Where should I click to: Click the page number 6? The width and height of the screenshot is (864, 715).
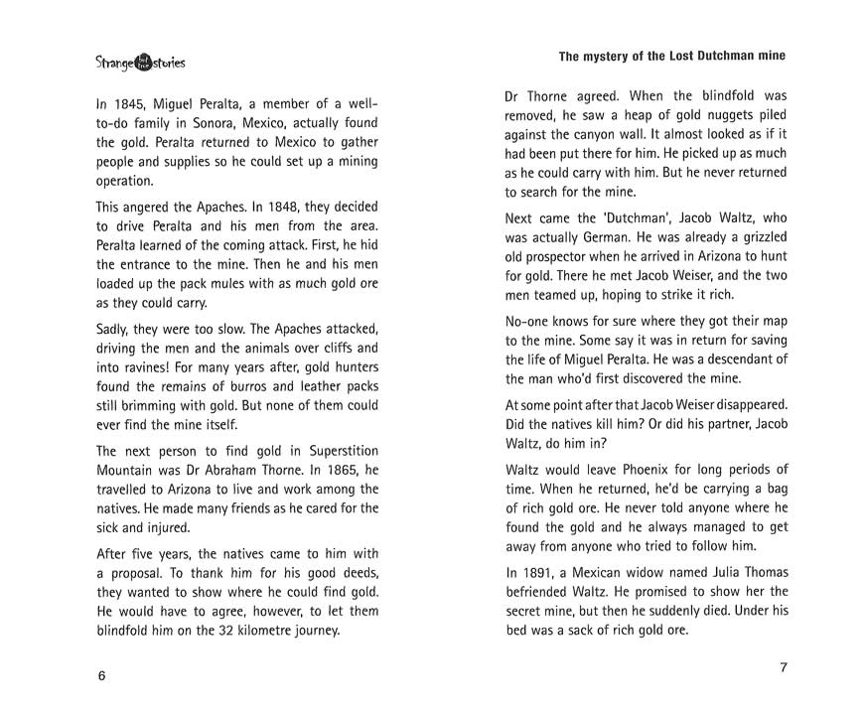(101, 675)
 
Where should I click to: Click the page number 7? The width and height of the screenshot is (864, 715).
(783, 667)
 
